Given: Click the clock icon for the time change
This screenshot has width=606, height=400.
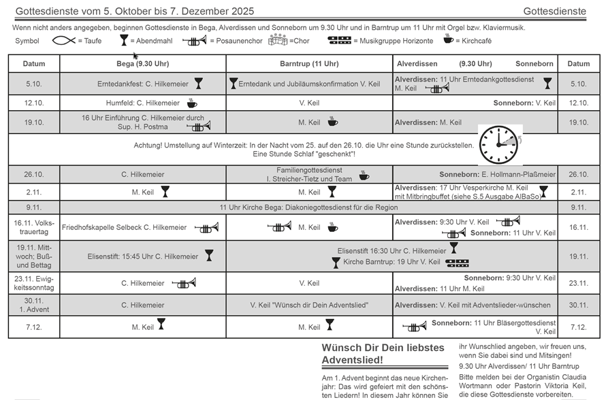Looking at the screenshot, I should pos(500,144).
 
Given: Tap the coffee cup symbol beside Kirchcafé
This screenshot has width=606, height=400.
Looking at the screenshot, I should pos(447,39).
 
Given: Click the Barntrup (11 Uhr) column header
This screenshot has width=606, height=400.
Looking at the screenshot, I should pos(309,64).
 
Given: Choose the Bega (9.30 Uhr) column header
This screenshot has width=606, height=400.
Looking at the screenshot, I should pos(143,64).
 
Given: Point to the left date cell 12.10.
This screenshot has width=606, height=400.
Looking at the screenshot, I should pos(34,103).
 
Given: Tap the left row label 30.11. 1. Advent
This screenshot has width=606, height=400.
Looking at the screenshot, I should pos(34,305).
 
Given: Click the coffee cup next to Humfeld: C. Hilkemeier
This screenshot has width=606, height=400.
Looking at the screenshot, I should pos(192,103).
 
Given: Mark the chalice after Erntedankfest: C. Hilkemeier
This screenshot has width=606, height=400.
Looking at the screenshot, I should pos(198,84).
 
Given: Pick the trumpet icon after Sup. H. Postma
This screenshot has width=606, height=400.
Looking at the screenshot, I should pos(198,127).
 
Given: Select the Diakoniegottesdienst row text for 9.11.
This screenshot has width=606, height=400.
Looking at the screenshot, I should pos(308,207).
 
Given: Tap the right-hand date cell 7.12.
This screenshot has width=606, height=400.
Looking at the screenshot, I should pos(579,327).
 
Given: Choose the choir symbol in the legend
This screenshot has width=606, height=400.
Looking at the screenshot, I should pos(278,40).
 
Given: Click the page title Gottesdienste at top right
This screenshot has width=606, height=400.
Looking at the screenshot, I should pos(554,12).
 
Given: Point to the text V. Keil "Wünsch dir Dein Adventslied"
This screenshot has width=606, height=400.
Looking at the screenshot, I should pos(309,305).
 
